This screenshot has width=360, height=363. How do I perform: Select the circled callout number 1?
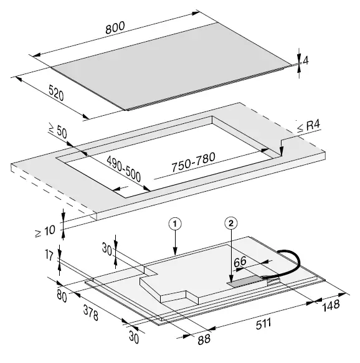click(176, 222)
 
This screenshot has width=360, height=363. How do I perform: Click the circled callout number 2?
click(232, 222)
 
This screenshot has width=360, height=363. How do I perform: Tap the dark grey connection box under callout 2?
click(246, 282)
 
